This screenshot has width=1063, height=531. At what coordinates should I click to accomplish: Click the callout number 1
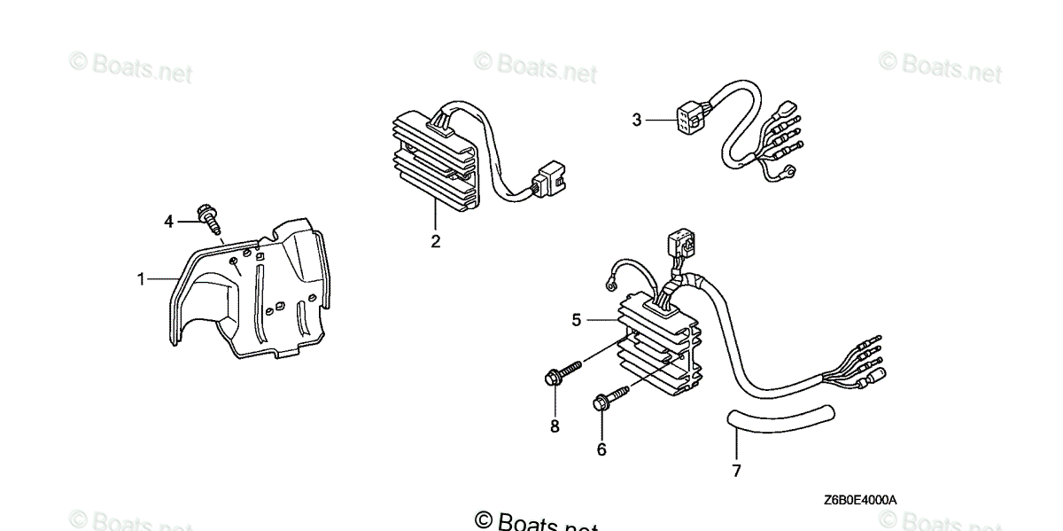click(140, 280)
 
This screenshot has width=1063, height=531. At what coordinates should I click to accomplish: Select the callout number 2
click(435, 240)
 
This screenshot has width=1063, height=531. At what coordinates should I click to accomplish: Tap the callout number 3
click(636, 120)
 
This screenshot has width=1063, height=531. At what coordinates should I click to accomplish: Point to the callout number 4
click(168, 222)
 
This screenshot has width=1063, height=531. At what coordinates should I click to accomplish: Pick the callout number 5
click(577, 320)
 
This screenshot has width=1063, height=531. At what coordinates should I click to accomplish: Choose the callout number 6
click(601, 449)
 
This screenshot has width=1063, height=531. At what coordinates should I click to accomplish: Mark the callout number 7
click(736, 471)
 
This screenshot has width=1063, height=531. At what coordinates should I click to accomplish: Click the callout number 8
click(555, 426)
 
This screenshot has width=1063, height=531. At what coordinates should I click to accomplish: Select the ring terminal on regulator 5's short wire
click(609, 285)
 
